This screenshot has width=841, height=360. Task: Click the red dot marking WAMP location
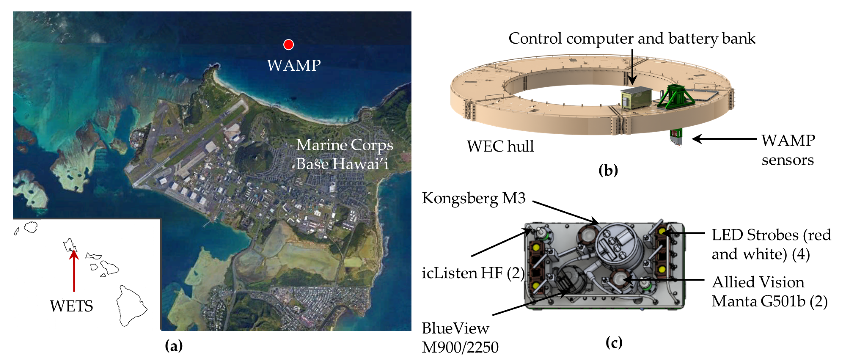pos(288,44)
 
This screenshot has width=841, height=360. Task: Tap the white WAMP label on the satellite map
pos(294,66)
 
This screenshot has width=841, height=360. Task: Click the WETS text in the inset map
pos(71,306)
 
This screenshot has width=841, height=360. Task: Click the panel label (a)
pos(174,346)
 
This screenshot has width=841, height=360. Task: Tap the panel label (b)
pos(608,170)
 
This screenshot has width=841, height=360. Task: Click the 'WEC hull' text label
pos(500,146)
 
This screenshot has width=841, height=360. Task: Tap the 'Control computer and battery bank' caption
pos(632,39)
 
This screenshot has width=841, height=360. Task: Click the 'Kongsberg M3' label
pos(474,198)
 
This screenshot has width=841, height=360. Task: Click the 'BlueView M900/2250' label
pos(460,338)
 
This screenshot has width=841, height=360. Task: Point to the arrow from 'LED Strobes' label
pos(684,233)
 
